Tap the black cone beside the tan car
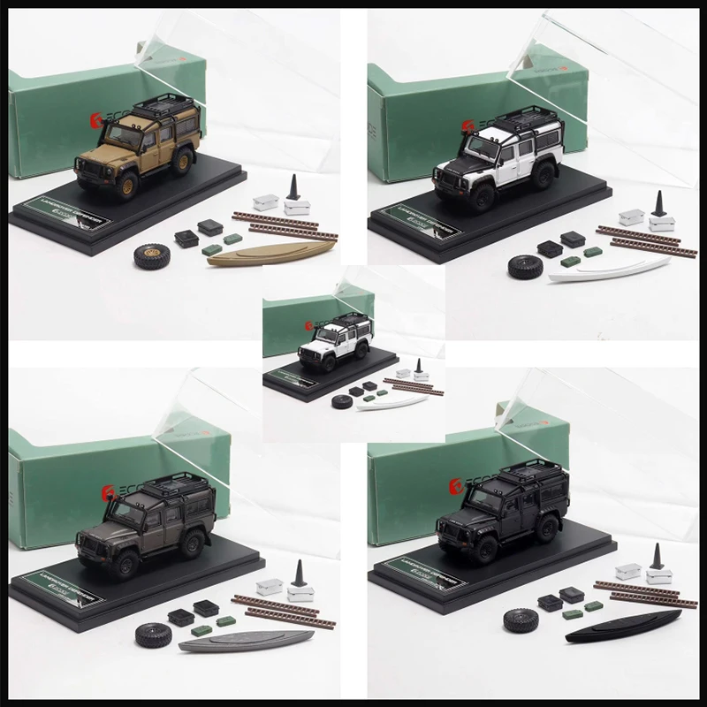(x=292, y=188)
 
